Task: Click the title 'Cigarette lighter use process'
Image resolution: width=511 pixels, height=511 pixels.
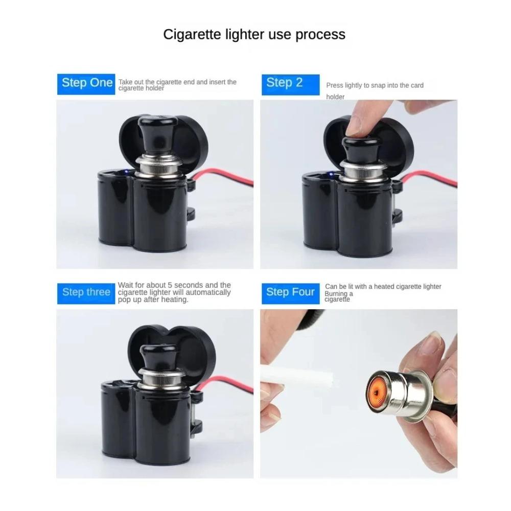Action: (x=254, y=35)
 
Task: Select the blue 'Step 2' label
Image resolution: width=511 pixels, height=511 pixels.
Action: (x=285, y=83)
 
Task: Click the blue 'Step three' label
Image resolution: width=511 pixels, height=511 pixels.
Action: (x=86, y=292)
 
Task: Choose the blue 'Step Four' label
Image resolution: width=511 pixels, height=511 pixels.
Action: (x=290, y=292)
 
